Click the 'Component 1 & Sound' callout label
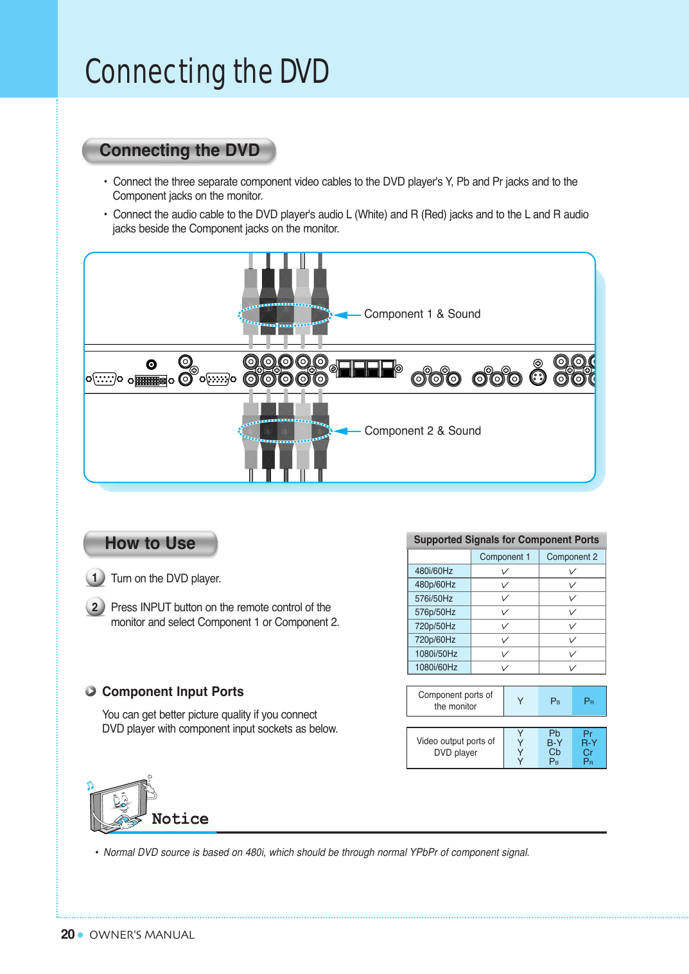(x=422, y=314)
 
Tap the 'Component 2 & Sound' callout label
(x=423, y=431)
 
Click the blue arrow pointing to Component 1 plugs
(x=347, y=315)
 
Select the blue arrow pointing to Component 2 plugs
(x=347, y=431)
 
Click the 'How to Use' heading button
(x=150, y=543)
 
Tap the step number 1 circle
(x=95, y=578)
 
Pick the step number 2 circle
(x=95, y=607)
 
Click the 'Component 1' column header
(x=505, y=557)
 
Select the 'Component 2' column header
(x=571, y=557)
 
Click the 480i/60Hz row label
(x=434, y=571)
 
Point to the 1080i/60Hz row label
(x=436, y=667)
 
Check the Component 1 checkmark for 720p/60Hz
(x=505, y=640)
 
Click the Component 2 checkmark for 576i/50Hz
(x=572, y=598)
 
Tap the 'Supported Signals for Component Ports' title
(x=506, y=540)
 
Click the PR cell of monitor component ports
(x=589, y=701)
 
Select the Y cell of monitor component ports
(x=520, y=701)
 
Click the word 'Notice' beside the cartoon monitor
(x=180, y=819)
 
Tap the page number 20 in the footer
(x=67, y=934)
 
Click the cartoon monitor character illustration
(x=120, y=804)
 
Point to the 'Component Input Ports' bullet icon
(x=91, y=691)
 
